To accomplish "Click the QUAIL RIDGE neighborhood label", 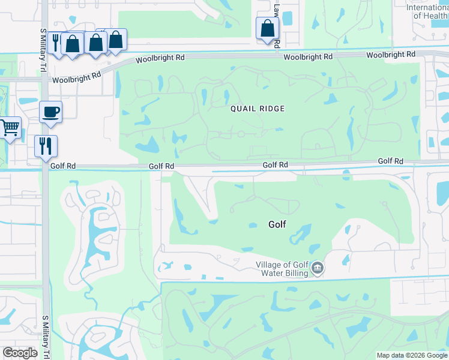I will click(257, 109).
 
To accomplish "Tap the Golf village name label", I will click(277, 224).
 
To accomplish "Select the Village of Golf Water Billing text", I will click(282, 269).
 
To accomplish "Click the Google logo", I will click(20, 353).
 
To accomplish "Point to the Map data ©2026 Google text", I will click(412, 355).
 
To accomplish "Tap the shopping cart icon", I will click(10, 127).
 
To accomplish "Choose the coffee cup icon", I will click(50, 111).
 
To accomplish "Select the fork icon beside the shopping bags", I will click(56, 41).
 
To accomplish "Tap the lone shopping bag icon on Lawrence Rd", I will click(267, 28).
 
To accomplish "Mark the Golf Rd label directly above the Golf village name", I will click(275, 165).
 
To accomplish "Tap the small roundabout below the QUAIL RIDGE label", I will click(241, 134).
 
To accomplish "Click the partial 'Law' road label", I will click(277, 10).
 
